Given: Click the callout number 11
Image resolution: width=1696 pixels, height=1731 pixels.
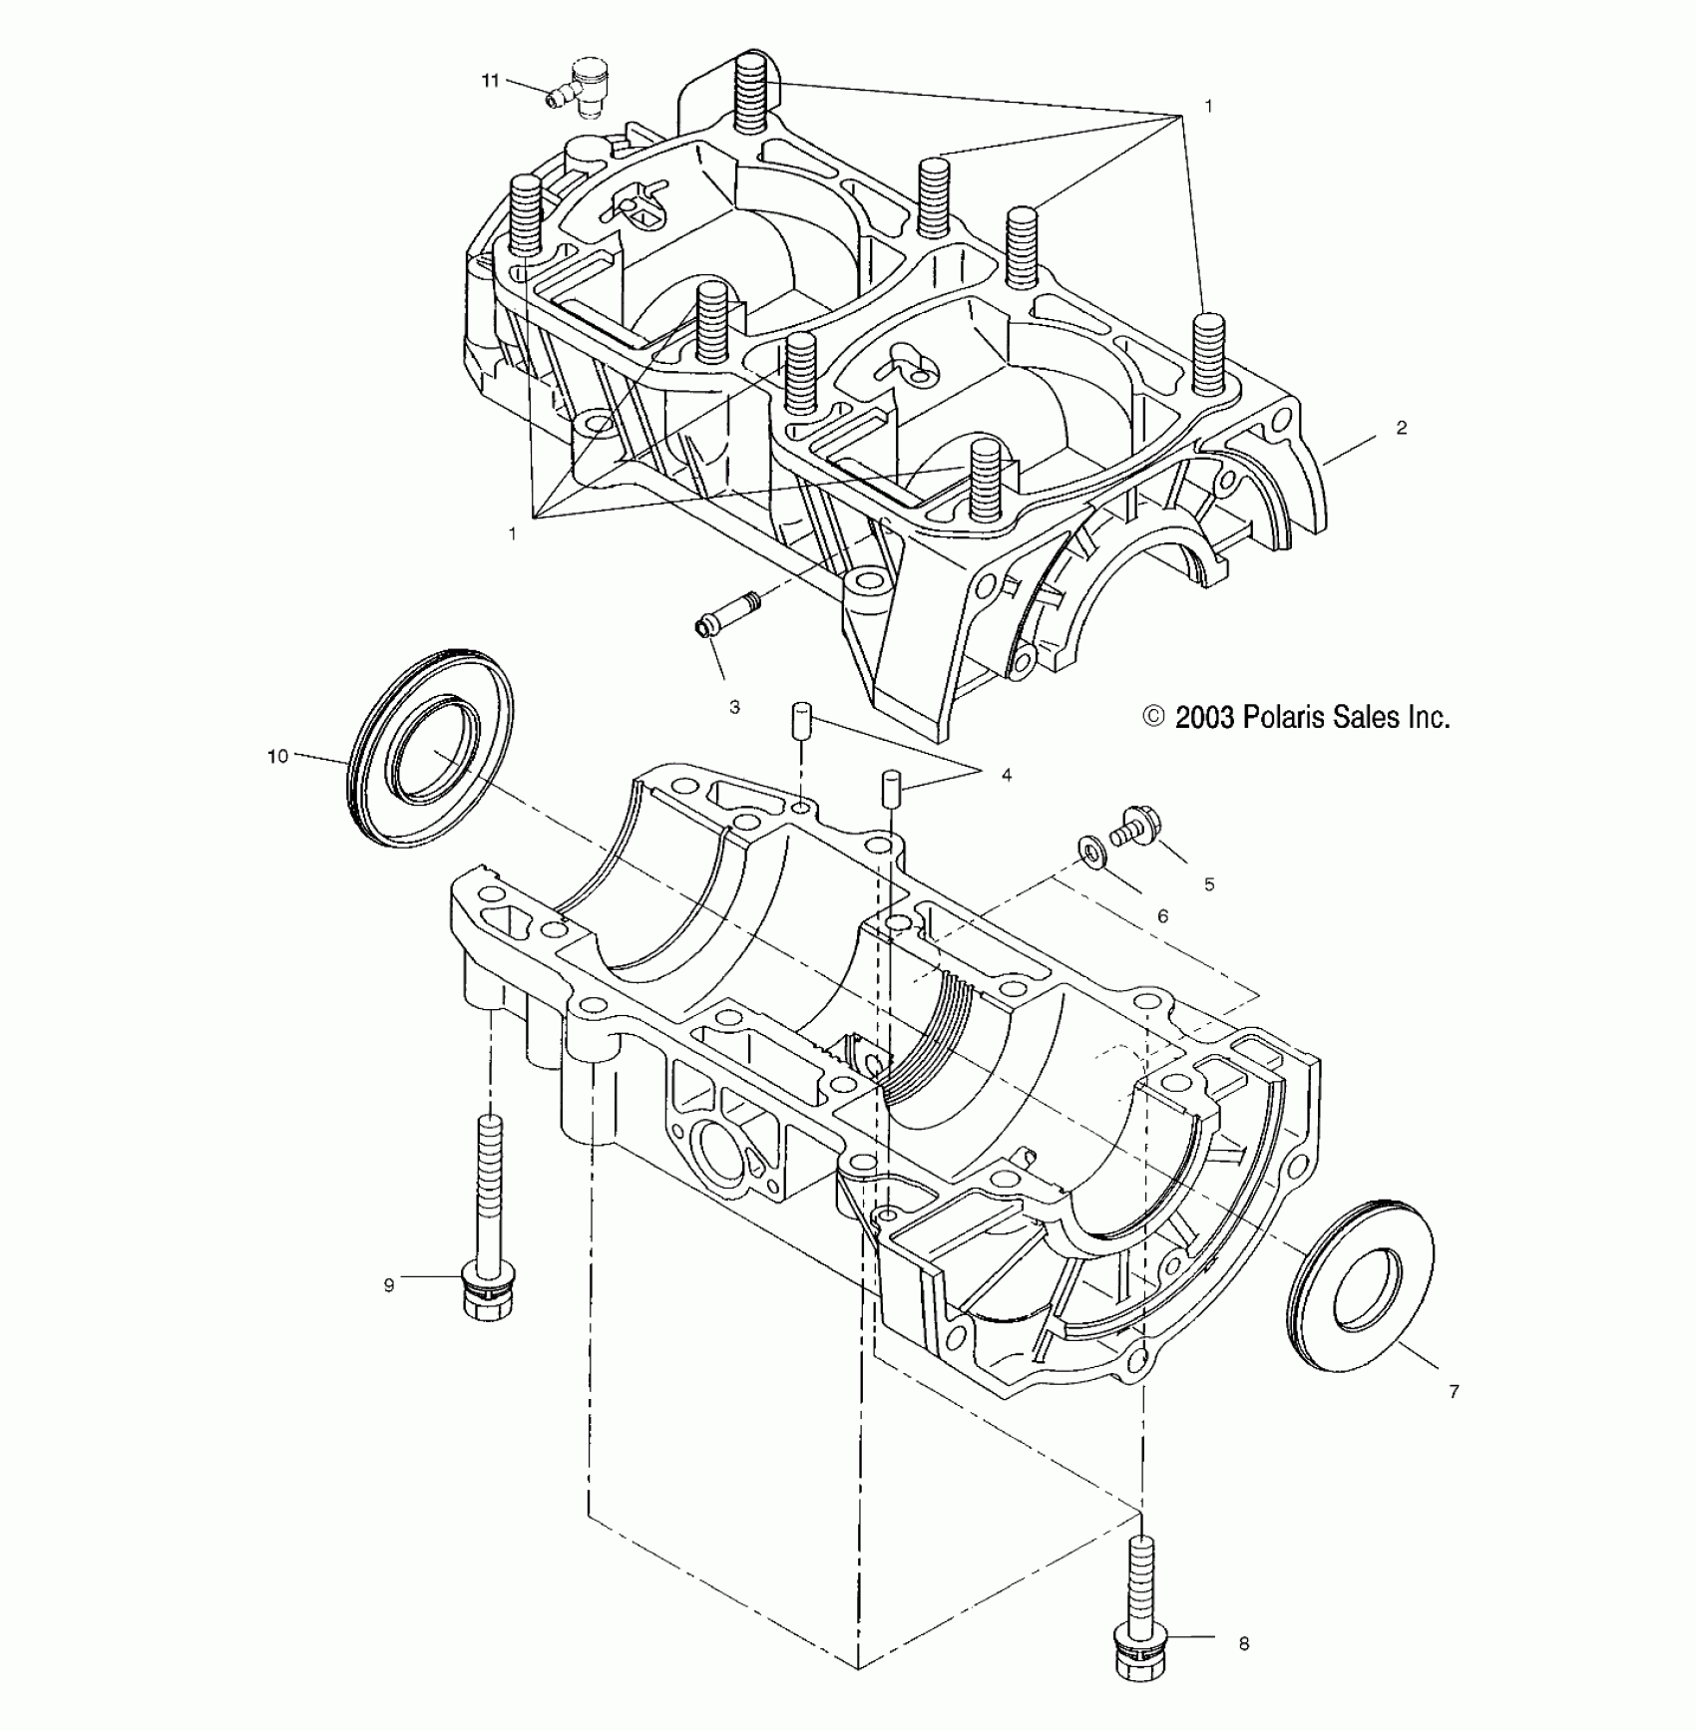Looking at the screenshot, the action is click(x=490, y=81).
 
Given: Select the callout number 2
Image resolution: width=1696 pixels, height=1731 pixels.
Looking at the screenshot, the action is click(x=1402, y=428).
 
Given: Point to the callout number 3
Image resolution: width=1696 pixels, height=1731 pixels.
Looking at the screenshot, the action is click(x=734, y=707).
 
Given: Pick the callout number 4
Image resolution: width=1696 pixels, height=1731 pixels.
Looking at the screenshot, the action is click(x=1007, y=775).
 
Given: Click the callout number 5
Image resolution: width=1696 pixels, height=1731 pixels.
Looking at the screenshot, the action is click(x=1209, y=884).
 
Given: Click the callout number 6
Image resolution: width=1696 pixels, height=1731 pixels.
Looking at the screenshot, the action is click(x=1162, y=916).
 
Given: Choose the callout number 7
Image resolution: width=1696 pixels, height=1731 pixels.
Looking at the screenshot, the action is click(x=1454, y=1391).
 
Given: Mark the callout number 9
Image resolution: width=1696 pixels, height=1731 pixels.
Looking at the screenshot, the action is click(x=389, y=1285).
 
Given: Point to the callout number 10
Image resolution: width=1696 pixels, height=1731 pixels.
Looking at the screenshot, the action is click(x=277, y=756).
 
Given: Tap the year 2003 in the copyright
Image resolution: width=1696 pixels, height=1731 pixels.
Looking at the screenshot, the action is click(x=1205, y=717).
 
